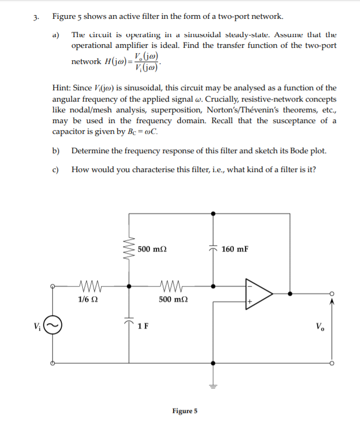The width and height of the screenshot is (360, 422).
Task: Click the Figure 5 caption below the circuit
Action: point(185,411)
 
